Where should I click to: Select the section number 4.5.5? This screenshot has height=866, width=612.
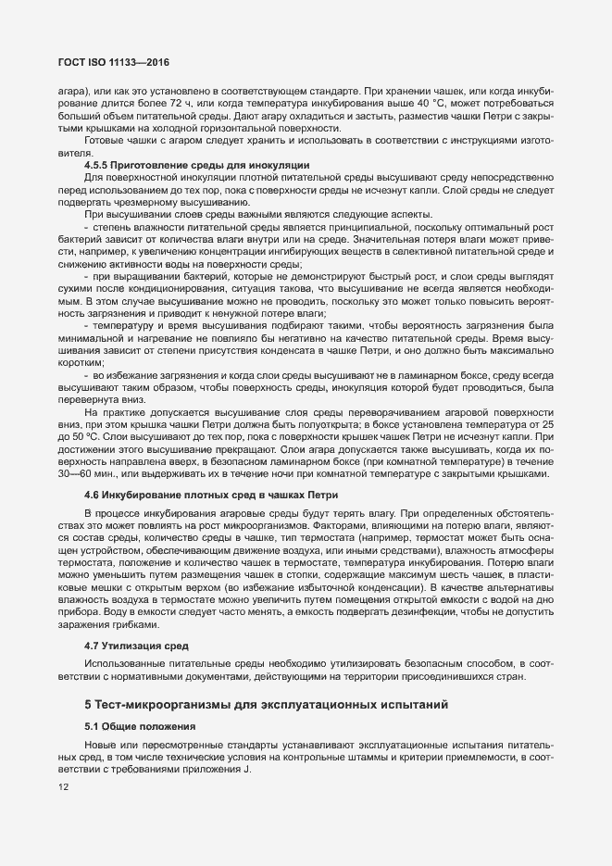pyautogui.click(x=99, y=164)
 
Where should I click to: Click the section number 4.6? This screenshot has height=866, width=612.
pyautogui.click(x=92, y=495)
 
